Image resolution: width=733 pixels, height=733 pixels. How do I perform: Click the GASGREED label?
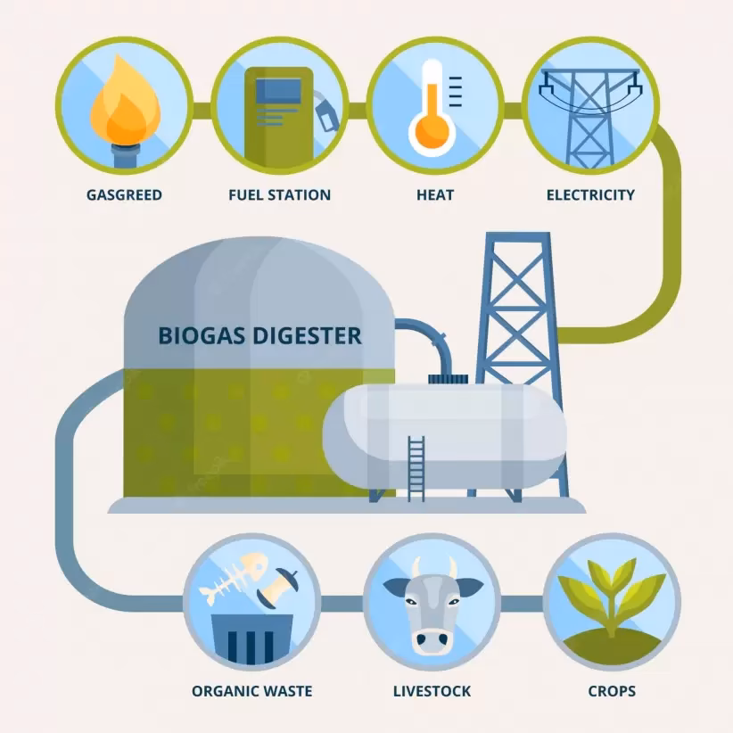[x=124, y=194]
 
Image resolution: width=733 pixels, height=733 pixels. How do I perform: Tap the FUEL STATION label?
[x=279, y=194]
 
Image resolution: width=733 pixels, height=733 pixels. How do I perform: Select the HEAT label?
[x=435, y=194]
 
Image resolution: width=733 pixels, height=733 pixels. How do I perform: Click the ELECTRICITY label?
[x=590, y=194]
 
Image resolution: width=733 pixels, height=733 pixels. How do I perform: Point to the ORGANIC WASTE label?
[x=252, y=691]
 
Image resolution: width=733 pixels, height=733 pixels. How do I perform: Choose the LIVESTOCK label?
[x=432, y=691]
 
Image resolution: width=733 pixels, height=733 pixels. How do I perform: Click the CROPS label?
[x=612, y=691]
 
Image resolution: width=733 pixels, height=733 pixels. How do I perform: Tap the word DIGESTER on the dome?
[x=307, y=336]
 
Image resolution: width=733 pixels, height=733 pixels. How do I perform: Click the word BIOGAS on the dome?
[x=202, y=336]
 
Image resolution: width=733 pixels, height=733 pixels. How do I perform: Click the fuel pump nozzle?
[x=325, y=111]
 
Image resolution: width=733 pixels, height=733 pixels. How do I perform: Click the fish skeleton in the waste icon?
[x=234, y=577]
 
